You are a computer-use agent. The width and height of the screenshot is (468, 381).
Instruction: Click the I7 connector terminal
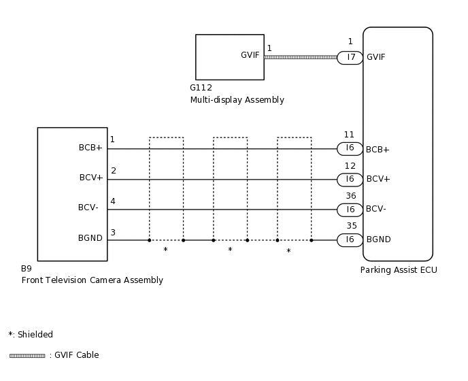pos(350,58)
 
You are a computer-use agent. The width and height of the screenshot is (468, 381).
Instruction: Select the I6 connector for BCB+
pos(350,148)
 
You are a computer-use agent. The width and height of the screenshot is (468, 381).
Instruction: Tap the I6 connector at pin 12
pos(350,180)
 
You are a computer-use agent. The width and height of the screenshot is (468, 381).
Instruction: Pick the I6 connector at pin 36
pos(350,210)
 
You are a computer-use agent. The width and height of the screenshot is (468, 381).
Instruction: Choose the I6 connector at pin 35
pos(350,239)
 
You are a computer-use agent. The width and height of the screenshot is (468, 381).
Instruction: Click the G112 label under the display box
pos(201,88)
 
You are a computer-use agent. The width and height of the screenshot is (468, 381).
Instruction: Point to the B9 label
pos(27,269)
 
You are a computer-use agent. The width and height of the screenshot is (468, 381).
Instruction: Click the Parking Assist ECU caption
pos(399,270)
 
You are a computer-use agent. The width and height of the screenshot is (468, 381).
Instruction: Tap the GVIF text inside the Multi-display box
pos(250,55)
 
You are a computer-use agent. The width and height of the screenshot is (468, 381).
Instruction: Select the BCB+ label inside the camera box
pos(90,147)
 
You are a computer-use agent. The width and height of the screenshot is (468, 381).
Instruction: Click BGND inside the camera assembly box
pos(90,238)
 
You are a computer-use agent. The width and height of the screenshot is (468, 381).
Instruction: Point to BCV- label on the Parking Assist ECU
pos(376,209)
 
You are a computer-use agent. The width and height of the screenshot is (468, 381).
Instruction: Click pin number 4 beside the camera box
pos(113,201)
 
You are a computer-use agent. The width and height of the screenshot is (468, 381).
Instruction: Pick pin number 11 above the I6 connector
pos(350,135)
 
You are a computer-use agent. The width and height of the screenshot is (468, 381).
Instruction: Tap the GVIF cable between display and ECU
pos(300,57)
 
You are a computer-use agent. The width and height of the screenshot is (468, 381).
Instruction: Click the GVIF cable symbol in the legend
pos(27,355)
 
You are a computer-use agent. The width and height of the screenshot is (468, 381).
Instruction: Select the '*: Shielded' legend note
pos(31,335)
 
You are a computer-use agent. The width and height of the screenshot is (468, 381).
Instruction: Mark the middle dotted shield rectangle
pos(230,188)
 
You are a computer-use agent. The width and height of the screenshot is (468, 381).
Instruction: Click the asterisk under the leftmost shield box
pos(165,250)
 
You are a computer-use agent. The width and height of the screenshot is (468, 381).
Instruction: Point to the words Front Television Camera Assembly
pos(92,280)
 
